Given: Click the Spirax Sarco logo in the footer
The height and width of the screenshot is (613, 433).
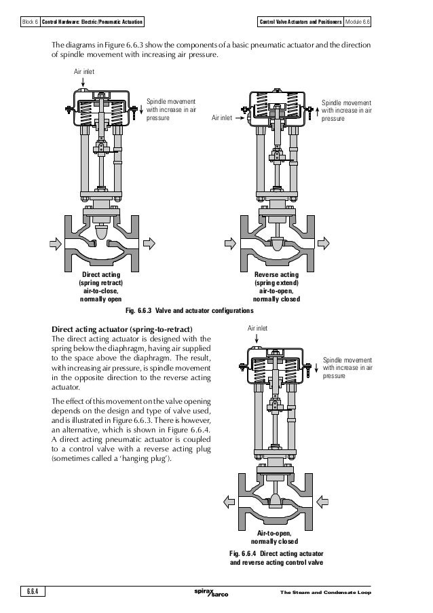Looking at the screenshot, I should tap(211, 594).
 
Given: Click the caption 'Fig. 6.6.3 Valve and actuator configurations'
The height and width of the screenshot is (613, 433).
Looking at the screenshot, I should tap(191, 310).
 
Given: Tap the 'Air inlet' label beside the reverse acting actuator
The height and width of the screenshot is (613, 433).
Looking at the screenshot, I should tap(222, 117).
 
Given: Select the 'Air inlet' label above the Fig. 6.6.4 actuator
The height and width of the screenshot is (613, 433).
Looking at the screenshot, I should tap(259, 328).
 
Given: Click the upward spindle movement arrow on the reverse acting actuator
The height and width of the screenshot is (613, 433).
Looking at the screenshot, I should tap(316, 109).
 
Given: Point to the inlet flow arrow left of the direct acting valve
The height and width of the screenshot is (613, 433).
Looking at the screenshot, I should tap(54, 241).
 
